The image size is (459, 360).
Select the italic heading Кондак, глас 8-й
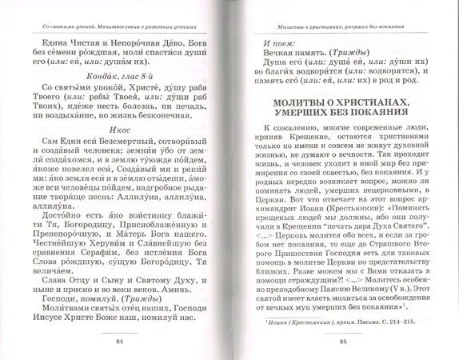click(118, 94)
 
